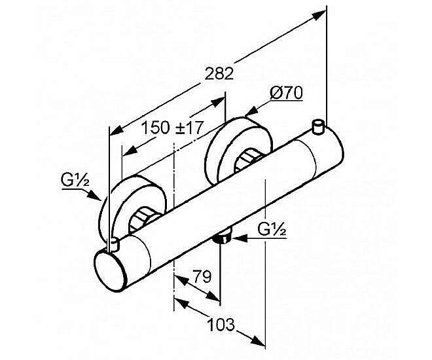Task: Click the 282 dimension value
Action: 219,73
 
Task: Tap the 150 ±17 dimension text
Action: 172,128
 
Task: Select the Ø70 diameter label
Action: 286,93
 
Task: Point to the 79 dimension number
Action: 202,276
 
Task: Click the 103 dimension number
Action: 221,325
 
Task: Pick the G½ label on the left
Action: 75,180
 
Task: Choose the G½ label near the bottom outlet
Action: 272,229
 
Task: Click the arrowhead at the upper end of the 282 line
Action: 319,15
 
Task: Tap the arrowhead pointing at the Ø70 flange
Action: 251,112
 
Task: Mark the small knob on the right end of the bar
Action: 319,127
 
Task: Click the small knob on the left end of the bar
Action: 113,245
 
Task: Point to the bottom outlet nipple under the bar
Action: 223,236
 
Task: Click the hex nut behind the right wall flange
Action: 246,160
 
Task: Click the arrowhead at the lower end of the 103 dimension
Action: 258,341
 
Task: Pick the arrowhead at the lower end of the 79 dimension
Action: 213,296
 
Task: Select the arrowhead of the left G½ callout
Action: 94,195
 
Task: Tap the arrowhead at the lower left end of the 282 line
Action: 117,130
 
